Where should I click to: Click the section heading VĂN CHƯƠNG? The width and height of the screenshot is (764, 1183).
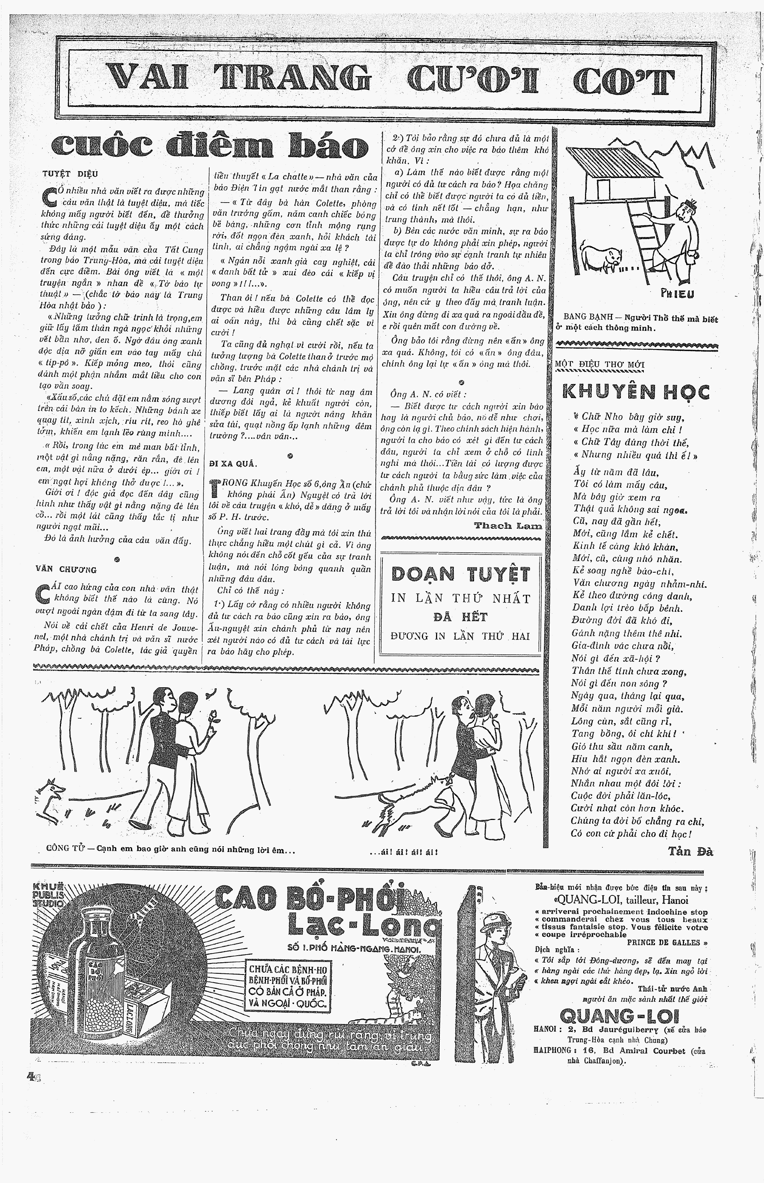66,570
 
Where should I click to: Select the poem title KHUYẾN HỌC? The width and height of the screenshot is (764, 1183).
636,392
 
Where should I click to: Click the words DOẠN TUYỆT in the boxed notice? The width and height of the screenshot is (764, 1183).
461,574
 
